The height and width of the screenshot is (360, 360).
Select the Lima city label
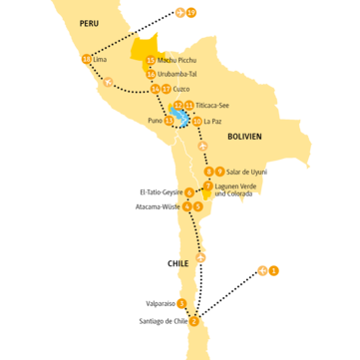[x=99, y=60]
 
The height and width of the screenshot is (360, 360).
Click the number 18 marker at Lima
[x=86, y=60]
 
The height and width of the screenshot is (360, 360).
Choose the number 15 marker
[x=151, y=60]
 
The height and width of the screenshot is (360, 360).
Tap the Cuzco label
[x=181, y=89]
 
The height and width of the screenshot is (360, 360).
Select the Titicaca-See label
[x=212, y=105]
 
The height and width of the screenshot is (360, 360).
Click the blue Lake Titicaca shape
[x=180, y=118]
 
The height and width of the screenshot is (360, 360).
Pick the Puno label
[x=155, y=121]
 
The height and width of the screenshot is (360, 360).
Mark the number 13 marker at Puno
[x=169, y=121]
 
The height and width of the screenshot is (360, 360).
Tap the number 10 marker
[x=196, y=121]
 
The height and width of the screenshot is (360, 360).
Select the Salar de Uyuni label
[x=245, y=172]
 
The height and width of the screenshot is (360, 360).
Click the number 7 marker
[x=207, y=185]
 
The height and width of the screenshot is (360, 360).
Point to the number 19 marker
[x=191, y=12]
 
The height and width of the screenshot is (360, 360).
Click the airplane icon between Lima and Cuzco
[x=109, y=82]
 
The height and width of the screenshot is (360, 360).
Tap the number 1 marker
[x=274, y=270]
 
